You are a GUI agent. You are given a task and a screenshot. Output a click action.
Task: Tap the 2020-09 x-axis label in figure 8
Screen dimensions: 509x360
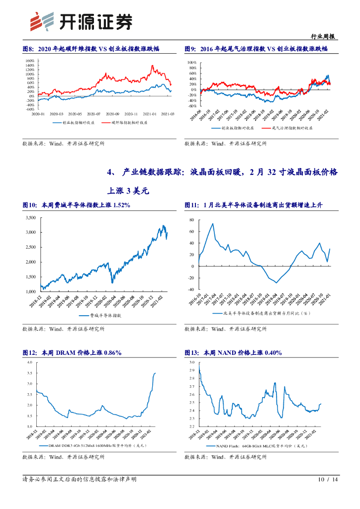pos(112,113)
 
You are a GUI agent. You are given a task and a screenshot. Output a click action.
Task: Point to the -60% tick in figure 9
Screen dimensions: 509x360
pos(191,106)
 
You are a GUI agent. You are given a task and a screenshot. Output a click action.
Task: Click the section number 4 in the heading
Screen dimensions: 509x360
pos(111,172)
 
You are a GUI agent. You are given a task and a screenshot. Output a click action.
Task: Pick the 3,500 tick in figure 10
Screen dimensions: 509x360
pos(30,218)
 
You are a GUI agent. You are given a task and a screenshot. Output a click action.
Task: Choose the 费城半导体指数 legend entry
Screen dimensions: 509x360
pos(102,316)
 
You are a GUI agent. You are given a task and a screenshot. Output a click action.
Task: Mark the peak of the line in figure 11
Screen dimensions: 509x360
pos(213,224)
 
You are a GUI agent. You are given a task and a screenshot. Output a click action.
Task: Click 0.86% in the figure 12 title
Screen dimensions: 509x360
pos(111,352)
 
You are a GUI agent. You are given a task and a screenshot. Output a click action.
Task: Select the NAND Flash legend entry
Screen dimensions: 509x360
pos(259,446)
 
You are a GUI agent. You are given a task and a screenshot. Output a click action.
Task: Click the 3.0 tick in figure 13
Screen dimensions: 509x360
pos(191,363)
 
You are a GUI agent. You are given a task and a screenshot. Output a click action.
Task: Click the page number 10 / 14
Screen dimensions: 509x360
pos(327,479)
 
